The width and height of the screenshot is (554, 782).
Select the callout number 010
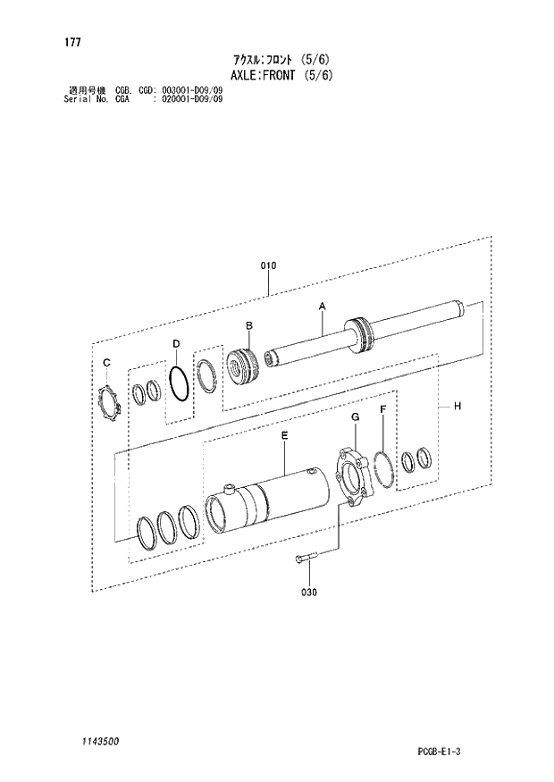click(268, 265)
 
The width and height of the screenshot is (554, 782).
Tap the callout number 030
click(309, 592)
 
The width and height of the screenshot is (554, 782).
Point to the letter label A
click(323, 307)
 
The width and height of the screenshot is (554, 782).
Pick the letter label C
click(105, 362)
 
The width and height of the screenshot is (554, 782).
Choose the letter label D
click(176, 343)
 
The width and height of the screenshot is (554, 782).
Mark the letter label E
click(284, 435)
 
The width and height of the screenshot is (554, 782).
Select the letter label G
click(354, 417)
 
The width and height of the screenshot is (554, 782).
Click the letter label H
click(457, 407)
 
